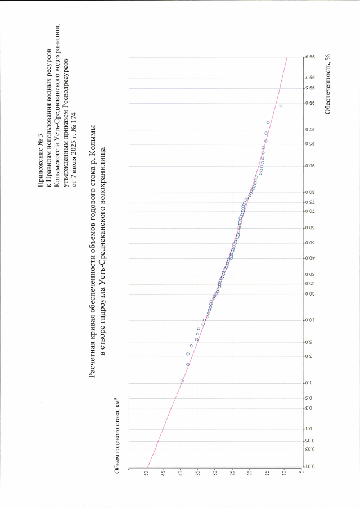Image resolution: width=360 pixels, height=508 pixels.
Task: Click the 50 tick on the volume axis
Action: pyautogui.click(x=146, y=474)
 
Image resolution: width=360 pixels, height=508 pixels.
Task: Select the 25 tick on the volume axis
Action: pyautogui.click(x=232, y=474)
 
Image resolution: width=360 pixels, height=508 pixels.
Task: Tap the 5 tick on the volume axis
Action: pyautogui.click(x=301, y=474)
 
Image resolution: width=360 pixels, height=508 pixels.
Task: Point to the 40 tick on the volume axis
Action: pyautogui.click(x=181, y=474)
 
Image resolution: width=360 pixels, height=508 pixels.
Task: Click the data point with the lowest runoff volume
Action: pyautogui.click(x=281, y=106)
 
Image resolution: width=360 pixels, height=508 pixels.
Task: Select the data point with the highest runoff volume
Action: pyautogui.click(x=182, y=380)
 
